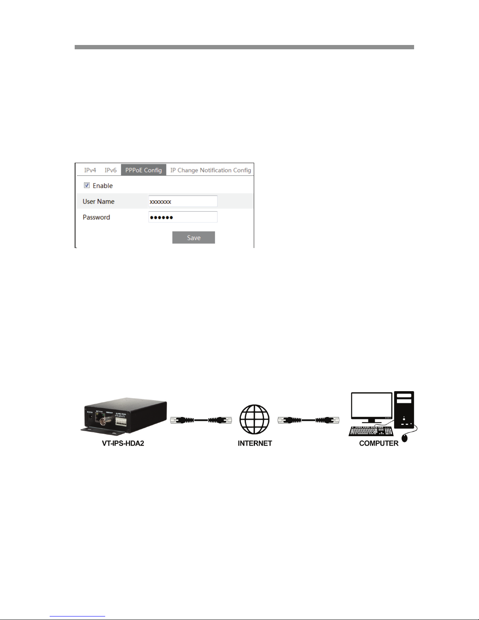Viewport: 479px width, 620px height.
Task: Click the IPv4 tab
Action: (x=90, y=170)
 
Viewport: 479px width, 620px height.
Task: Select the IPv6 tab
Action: (x=110, y=170)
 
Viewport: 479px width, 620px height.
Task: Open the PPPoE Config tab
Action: (x=144, y=170)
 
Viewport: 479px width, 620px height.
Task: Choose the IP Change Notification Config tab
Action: (x=210, y=170)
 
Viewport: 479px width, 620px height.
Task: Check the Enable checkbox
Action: (x=87, y=185)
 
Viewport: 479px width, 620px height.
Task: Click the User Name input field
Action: (x=183, y=201)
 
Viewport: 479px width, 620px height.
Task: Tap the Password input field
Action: (x=183, y=217)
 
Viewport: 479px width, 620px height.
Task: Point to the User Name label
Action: (x=99, y=201)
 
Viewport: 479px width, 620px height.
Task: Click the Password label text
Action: (x=96, y=217)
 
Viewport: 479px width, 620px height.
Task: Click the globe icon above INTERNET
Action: (x=255, y=419)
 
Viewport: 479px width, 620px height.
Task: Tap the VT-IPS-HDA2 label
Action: (x=123, y=443)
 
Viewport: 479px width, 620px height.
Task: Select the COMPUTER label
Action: (x=379, y=443)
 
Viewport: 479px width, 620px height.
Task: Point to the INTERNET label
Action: (x=255, y=443)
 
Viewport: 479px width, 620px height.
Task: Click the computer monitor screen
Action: (x=371, y=405)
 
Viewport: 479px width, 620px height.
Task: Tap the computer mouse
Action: (x=405, y=438)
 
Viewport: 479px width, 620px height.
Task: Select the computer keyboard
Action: (x=371, y=431)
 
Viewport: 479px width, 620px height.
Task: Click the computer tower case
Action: (x=404, y=409)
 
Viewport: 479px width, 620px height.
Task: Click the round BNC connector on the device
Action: (x=104, y=422)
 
